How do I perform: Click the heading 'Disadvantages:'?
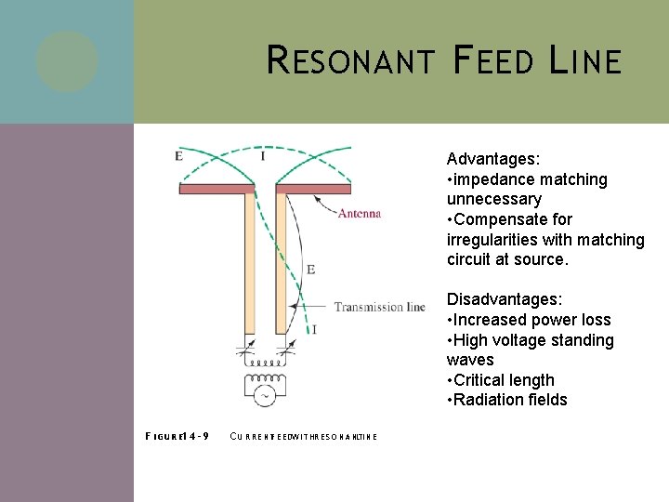click(504, 299)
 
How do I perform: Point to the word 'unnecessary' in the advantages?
click(493, 199)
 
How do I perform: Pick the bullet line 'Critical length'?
click(504, 380)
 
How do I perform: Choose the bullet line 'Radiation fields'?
click(509, 400)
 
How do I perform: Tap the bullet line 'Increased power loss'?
click(531, 320)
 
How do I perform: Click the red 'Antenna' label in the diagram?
click(359, 213)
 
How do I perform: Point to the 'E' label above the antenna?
click(177, 156)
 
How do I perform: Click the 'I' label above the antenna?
click(263, 156)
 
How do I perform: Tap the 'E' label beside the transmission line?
click(310, 269)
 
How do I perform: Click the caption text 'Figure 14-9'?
click(177, 436)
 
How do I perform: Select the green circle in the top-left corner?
click(67, 61)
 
